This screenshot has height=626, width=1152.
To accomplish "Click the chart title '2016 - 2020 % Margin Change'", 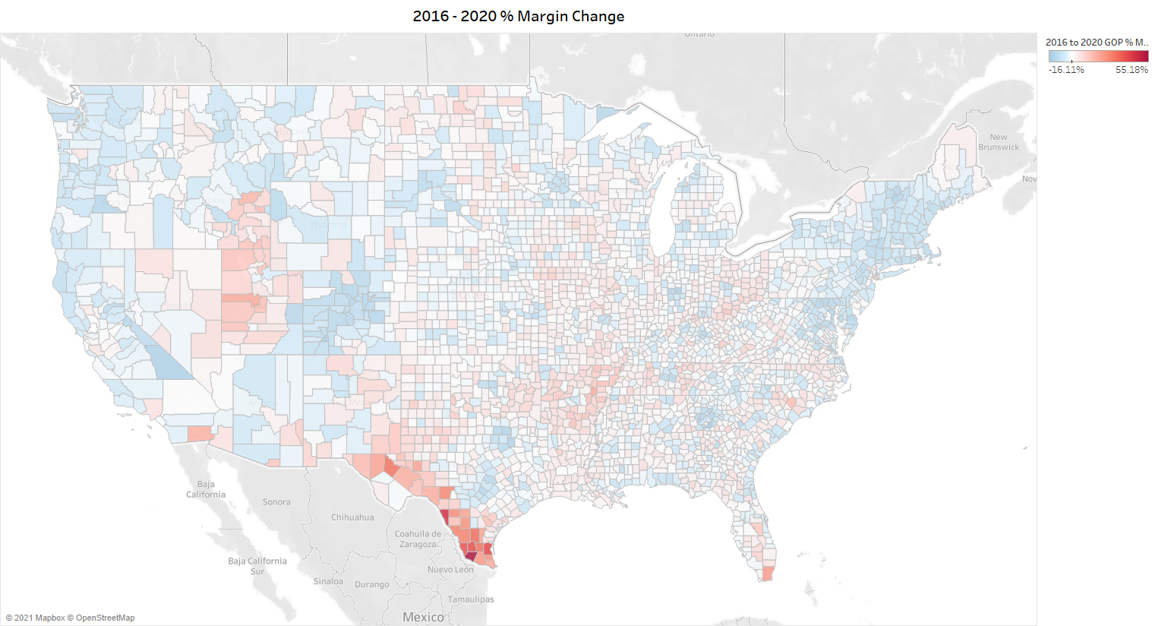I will (519, 16).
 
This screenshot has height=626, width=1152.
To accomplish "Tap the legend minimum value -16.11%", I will (1066, 70).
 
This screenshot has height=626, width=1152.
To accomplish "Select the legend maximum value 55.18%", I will (1131, 70).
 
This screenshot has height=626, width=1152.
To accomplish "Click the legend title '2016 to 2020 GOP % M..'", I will (1097, 43).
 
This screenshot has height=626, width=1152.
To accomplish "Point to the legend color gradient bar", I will (1098, 56).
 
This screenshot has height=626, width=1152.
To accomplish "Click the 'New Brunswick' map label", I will (999, 142).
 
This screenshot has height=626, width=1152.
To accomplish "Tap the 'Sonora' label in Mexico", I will (276, 502).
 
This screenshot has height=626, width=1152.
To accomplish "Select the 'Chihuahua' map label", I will (352, 517).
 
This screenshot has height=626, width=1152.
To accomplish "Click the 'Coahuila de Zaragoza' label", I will (418, 539).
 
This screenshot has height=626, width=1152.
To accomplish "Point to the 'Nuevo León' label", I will (450, 569).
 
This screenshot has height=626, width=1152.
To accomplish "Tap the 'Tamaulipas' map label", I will (471, 599).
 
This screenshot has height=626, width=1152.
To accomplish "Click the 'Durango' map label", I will (371, 585).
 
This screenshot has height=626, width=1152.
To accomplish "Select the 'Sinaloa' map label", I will (328, 581).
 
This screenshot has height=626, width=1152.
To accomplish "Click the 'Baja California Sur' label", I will (257, 566).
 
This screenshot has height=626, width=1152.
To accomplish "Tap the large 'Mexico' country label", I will (423, 617).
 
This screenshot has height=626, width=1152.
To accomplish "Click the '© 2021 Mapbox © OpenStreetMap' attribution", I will (70, 618).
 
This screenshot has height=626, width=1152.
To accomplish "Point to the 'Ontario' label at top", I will (699, 34).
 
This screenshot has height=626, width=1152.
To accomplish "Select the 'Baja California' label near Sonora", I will (206, 489).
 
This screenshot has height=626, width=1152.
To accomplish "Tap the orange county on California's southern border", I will (199, 433).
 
